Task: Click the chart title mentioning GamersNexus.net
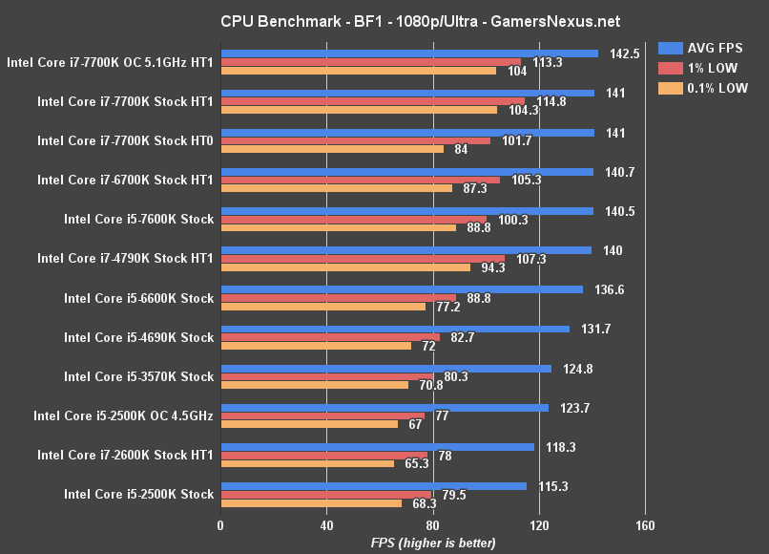tap(384, 20)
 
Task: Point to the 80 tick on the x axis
tap(432, 524)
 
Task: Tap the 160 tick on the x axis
tap(645, 524)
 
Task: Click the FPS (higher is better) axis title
tap(433, 543)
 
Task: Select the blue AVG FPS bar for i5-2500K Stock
tap(373, 486)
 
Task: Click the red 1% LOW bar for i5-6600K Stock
tap(338, 298)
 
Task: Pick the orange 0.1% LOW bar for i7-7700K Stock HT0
tap(332, 149)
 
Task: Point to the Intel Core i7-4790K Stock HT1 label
tap(125, 259)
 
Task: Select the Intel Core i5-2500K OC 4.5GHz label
tap(123, 415)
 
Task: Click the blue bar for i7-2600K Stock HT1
tap(377, 446)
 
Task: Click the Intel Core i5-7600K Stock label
tap(138, 220)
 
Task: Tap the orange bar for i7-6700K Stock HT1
tap(336, 188)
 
